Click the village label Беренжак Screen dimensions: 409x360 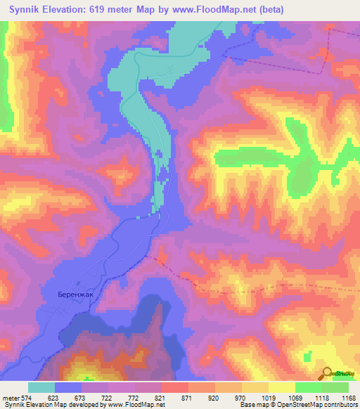point(77,296)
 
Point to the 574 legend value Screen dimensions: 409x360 point(26,397)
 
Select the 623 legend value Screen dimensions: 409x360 point(54,397)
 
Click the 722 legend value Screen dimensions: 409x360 point(108,397)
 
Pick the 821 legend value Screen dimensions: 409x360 point(161,397)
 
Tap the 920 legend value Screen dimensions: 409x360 point(214,397)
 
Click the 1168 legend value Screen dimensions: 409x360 point(348,397)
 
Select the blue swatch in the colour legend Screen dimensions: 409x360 point(68,387)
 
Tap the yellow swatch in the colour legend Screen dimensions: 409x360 point(281,387)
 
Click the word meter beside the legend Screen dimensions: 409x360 point(9,397)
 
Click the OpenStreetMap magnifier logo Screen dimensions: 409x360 point(325,374)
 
